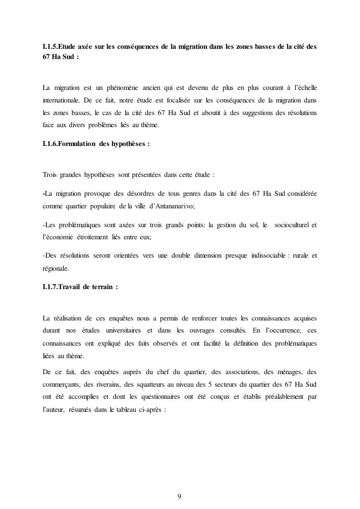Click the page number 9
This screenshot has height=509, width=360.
180,496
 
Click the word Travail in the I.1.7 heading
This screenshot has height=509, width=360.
72,287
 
